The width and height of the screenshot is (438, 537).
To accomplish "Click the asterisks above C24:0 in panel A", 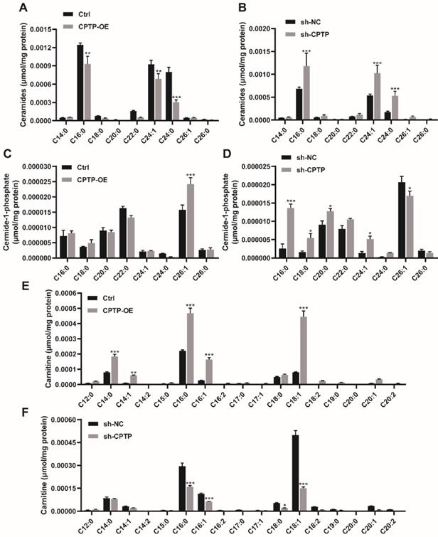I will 176,97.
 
